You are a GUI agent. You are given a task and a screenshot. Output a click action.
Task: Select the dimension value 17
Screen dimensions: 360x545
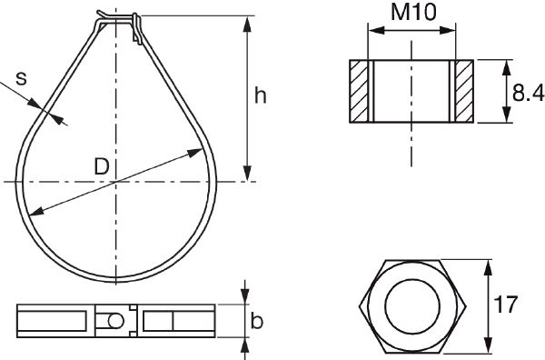tap(509, 305)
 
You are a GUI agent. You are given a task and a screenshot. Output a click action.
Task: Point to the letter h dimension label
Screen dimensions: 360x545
tap(261, 96)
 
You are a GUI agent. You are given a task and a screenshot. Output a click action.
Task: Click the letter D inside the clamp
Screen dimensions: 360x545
tap(102, 166)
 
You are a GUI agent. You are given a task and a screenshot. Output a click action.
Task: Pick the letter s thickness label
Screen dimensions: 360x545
tap(21, 79)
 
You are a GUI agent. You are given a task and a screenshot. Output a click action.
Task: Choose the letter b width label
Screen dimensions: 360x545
tap(257, 321)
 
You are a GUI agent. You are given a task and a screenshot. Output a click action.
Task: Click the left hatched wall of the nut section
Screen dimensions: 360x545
tap(360, 91)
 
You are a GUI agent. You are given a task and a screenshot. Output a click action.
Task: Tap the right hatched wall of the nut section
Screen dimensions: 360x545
tap(462, 91)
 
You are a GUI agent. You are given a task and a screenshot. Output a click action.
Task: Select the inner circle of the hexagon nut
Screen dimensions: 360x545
tap(411, 305)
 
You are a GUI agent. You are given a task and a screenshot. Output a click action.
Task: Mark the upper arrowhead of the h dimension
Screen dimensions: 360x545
tap(247, 21)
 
